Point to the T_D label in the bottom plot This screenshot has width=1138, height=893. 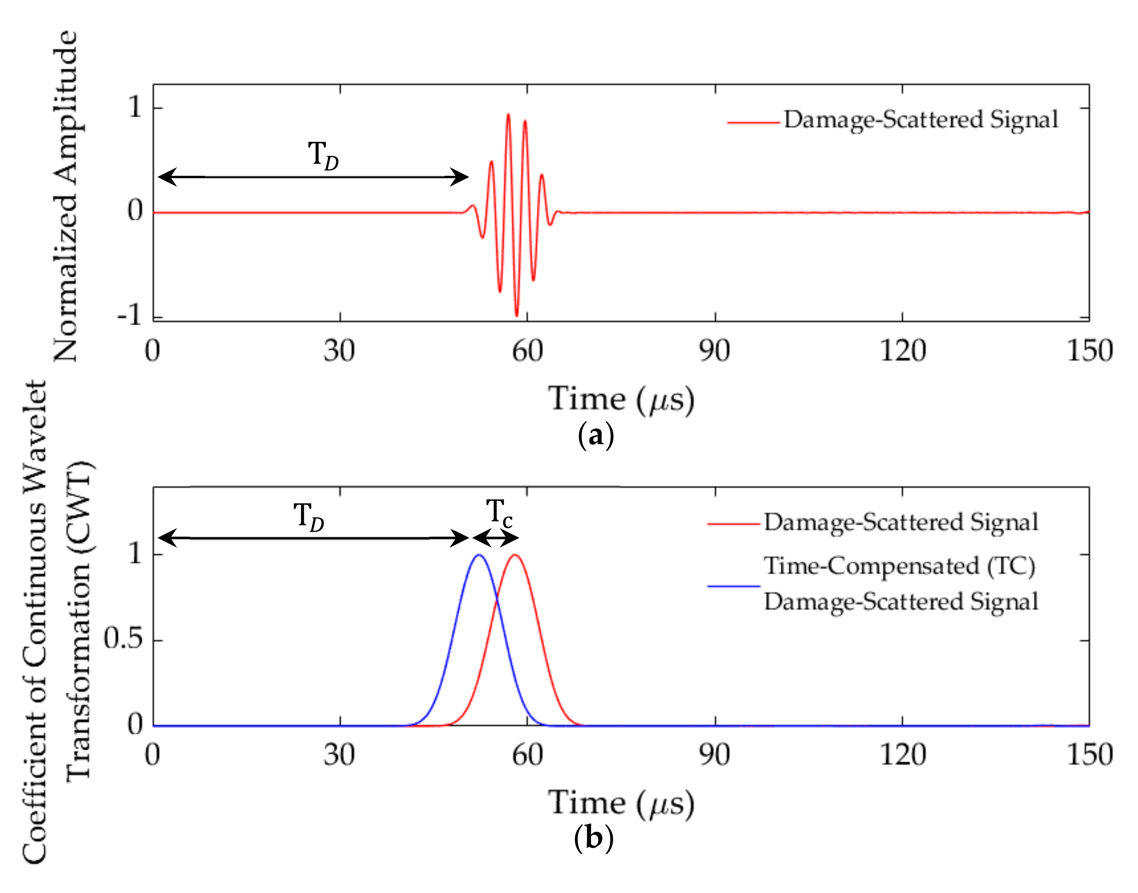309,517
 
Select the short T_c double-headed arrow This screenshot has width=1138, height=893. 495,537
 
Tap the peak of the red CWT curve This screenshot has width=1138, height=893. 515,555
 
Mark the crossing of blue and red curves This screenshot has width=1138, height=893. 496,601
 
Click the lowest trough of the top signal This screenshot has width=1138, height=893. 517,316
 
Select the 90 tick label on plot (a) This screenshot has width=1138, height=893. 715,351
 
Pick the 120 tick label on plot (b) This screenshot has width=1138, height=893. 902,755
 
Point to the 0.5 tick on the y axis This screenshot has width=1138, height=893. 123,639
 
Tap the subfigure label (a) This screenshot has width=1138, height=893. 595,435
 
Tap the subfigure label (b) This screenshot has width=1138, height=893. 593,839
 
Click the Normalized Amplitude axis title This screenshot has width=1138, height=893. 66,196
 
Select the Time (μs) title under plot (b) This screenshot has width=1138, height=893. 621,803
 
